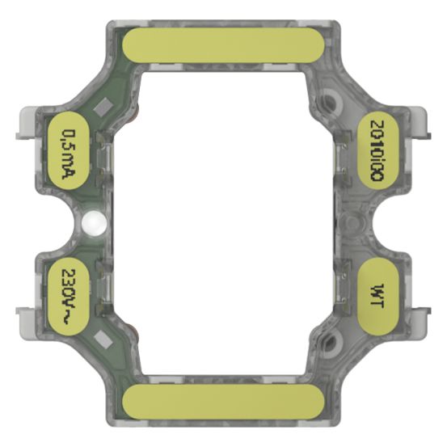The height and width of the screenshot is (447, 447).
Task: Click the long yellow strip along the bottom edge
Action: click(x=223, y=400)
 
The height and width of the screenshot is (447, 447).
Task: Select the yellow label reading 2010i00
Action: click(x=377, y=152)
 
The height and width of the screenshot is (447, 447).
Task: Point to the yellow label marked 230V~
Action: click(x=70, y=292)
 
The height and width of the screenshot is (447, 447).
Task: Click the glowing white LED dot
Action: click(x=94, y=221)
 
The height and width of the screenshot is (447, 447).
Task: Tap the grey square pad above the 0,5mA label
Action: click(x=103, y=106)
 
